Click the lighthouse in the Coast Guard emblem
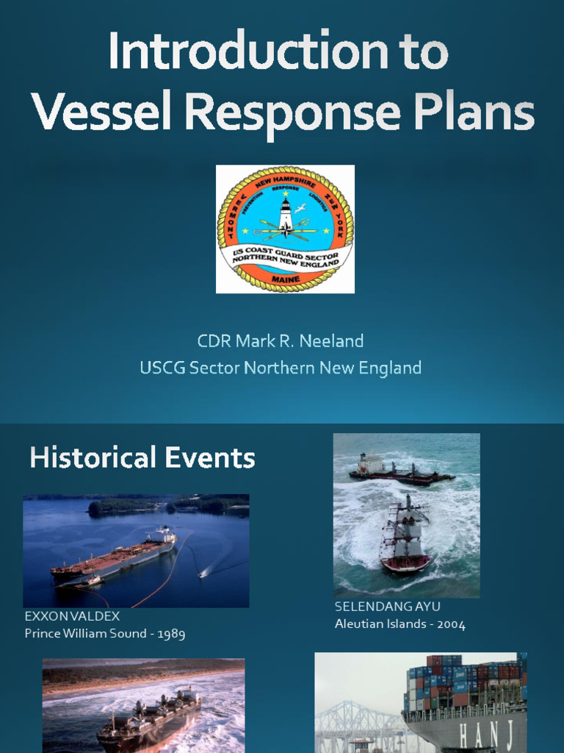pos(286,214)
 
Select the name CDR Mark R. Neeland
pos(280,341)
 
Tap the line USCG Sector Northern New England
pos(280,368)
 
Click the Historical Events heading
pos(142,458)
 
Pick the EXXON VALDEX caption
pos(72,616)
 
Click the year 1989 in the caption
pos(170,633)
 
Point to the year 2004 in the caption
pos(450,624)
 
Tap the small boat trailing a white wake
pos(203,574)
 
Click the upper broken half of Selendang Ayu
pos(400,471)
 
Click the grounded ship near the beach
pos(150,716)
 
